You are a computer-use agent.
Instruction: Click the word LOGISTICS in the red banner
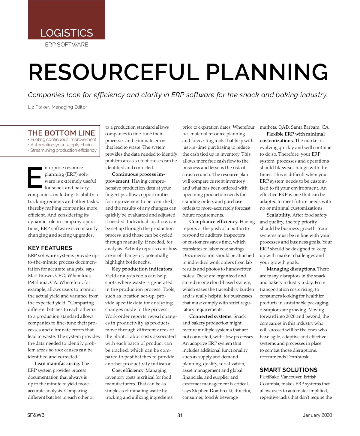[67, 33]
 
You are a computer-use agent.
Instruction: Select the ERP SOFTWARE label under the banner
[67, 45]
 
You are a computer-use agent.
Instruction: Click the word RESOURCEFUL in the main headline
[113, 72]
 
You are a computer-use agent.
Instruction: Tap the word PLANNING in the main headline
[267, 72]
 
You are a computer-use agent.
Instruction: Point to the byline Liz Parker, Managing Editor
[57, 107]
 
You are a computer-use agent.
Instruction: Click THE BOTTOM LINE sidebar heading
[61, 133]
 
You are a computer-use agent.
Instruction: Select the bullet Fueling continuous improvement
[63, 139]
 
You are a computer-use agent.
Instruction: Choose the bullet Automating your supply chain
[61, 145]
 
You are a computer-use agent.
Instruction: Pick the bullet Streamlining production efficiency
[63, 150]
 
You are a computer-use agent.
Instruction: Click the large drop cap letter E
[34, 177]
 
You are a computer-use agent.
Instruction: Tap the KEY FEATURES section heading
[50, 248]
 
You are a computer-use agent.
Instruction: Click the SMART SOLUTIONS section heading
[288, 370]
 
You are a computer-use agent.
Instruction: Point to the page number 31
[180, 415]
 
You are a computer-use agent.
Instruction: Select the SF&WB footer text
[36, 415]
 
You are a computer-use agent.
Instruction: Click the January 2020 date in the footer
[317, 415]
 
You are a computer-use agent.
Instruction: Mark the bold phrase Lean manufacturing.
[57, 363]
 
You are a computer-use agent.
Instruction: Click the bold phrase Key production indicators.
[142, 269]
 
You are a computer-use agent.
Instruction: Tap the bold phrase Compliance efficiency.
[214, 222]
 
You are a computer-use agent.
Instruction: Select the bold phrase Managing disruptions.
[291, 269]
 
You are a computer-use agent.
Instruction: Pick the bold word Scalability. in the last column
[279, 215]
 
